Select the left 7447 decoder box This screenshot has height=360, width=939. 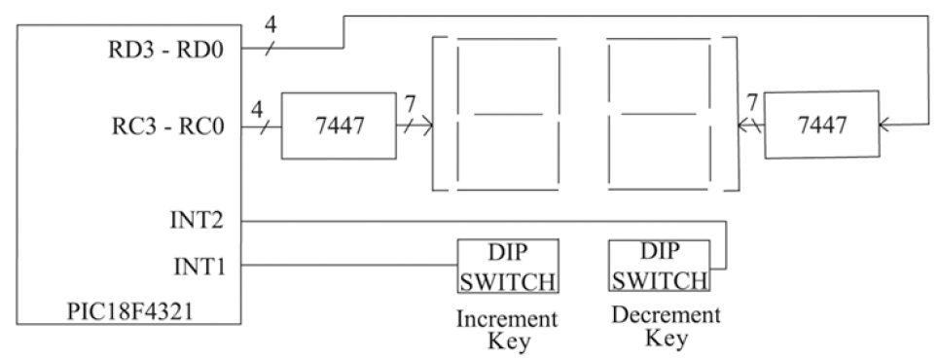click(336, 126)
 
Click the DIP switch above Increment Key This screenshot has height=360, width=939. click(508, 266)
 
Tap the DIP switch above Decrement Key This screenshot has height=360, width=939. click(659, 266)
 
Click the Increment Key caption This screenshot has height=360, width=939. click(508, 330)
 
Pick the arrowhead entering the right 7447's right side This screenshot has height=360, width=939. click(884, 125)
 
